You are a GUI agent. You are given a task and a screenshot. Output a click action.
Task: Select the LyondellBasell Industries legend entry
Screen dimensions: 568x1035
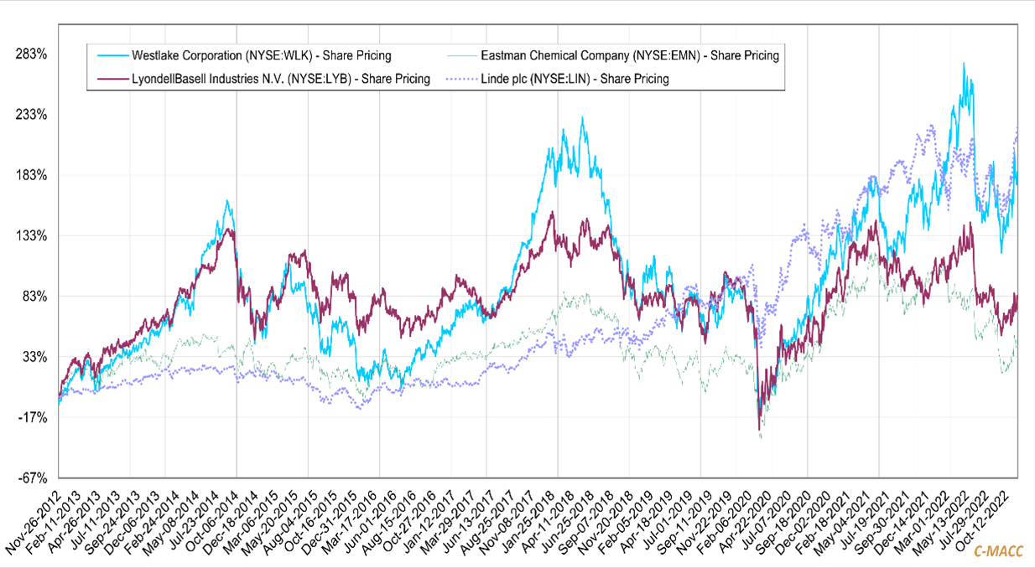tap(281, 79)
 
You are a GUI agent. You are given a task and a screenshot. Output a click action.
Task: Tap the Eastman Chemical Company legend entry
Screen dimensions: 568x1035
tap(630, 56)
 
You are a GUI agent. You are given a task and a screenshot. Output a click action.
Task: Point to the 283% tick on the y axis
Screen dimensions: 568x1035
tap(32, 54)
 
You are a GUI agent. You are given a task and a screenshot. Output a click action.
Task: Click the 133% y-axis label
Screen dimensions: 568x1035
tap(32, 235)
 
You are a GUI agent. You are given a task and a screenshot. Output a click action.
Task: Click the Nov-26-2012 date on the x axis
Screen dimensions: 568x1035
tap(34, 519)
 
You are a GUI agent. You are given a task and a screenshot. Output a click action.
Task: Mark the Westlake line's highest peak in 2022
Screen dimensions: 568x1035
tap(965, 63)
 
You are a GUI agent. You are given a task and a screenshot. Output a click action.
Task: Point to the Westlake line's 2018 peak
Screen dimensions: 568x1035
tap(582, 117)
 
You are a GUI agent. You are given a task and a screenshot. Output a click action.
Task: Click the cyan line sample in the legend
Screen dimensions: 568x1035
tap(108, 56)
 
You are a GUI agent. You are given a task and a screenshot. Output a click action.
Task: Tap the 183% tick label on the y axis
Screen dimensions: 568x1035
tap(32, 175)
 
